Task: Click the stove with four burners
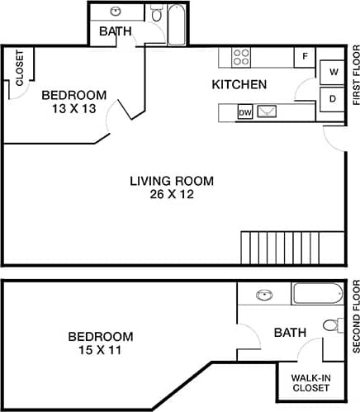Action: coord(241,57)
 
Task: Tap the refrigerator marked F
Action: coord(305,57)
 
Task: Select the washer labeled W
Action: coord(334,72)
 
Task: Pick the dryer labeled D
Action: coord(333,98)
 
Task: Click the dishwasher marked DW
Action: coord(245,111)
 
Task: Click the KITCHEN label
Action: coord(239,84)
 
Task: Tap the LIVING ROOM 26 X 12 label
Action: coord(172,187)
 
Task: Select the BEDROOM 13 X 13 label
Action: coord(74,101)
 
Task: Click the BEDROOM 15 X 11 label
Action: coord(100,343)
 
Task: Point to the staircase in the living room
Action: coord(291,247)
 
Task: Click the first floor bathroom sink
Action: coord(115,12)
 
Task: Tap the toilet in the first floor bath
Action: coord(156,14)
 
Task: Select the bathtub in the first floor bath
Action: coord(178,25)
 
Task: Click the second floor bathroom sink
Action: coord(264,295)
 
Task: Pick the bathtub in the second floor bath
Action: coord(318,294)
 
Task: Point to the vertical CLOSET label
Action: coord(20,69)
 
